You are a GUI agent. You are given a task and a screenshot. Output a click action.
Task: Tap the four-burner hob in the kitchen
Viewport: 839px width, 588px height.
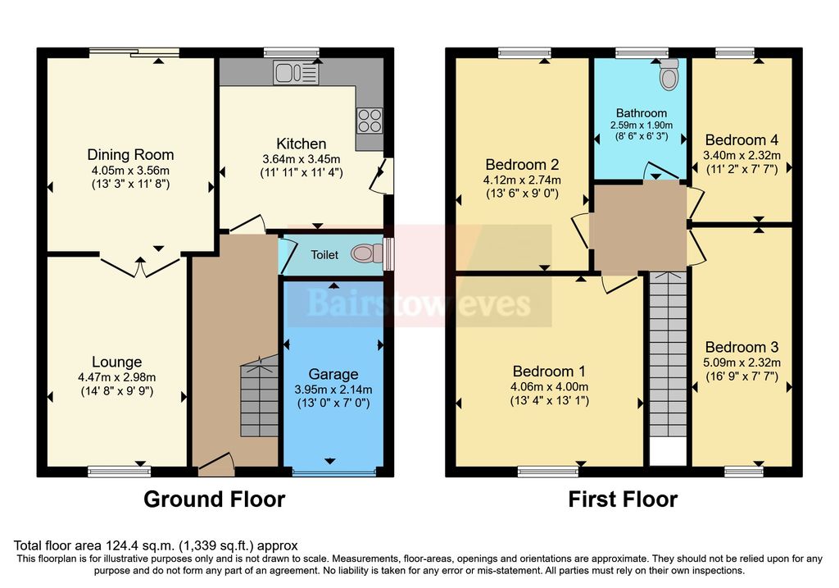point(369,121)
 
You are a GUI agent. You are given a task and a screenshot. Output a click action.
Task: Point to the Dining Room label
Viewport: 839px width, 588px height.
point(131,154)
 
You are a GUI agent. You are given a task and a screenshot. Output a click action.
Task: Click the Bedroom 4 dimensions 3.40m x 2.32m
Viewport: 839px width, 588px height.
point(741,154)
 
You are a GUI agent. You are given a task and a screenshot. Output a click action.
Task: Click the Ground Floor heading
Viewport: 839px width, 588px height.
point(215,499)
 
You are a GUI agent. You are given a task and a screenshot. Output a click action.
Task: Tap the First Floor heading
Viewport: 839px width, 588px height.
point(623,499)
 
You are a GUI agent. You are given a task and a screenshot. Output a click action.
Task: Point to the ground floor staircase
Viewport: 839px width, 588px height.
point(259,400)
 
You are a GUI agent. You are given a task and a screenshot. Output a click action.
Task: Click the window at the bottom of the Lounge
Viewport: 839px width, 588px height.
point(114,472)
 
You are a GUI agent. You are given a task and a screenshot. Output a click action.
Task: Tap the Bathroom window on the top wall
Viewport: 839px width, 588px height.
point(642,53)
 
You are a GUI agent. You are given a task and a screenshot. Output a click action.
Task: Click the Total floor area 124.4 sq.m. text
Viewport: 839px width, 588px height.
point(156,545)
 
